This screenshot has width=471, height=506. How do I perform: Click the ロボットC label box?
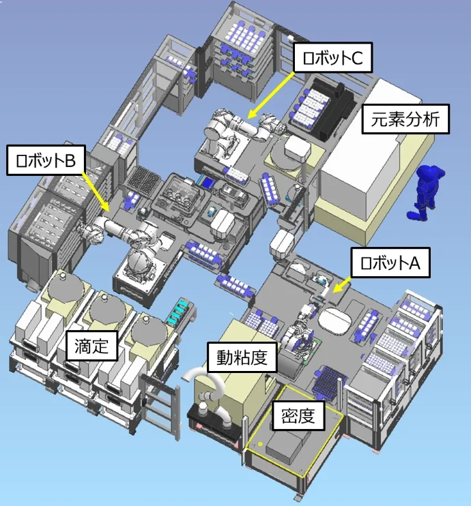pos(332,57)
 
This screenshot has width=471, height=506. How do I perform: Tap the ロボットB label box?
pos(46,160)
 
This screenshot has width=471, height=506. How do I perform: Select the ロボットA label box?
pos(390,263)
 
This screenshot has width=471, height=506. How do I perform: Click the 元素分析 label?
pos(405,119)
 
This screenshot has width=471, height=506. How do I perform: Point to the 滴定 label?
pos(91,346)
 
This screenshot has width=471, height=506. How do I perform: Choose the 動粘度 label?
pos(242,357)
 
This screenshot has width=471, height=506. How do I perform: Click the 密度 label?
pos(298,415)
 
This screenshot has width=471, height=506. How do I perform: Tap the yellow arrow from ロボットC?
pos(271,95)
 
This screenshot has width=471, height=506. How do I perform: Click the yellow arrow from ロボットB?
pos(96,192)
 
